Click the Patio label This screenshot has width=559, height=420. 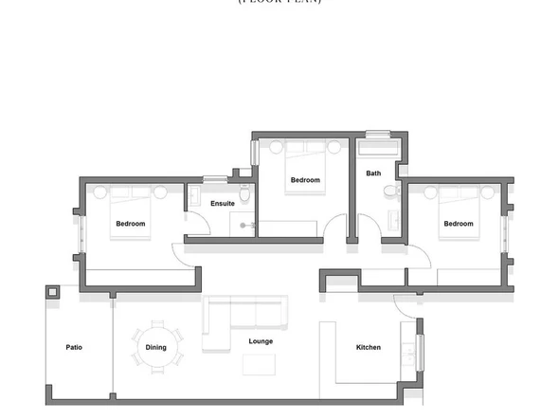(x=74, y=347)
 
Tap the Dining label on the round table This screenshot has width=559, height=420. (x=155, y=347)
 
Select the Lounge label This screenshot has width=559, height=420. (x=261, y=341)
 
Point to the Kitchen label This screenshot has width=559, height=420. (x=368, y=347)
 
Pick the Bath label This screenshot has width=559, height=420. (x=373, y=173)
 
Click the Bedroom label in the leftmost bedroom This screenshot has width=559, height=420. (x=130, y=224)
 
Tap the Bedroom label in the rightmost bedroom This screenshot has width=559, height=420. (x=458, y=224)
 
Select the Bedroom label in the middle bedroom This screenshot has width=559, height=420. (x=305, y=180)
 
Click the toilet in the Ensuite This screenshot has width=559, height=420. (x=244, y=196)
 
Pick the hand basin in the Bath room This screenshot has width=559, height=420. (x=392, y=222)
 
